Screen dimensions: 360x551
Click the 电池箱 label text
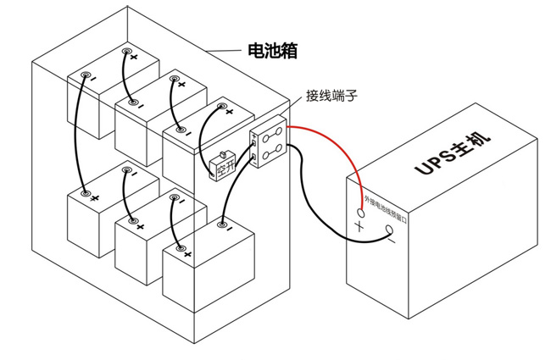click(271, 51)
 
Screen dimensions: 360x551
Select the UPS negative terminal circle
click(390, 230)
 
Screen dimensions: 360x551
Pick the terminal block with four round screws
click(269, 146)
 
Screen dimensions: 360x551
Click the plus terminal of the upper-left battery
click(127, 53)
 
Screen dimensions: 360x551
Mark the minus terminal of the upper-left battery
click(85, 75)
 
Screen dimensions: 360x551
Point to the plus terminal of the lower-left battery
click(86, 194)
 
